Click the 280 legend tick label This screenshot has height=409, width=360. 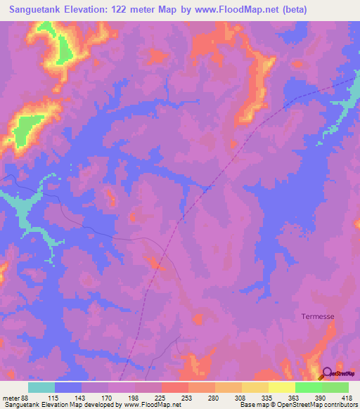click(214, 398)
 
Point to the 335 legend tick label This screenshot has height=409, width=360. click(267, 398)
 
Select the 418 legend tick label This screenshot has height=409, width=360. click(347, 398)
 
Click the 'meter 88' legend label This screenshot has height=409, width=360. click(15, 398)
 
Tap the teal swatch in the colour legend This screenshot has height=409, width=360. click(41, 387)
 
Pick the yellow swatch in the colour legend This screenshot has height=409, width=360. click(255, 387)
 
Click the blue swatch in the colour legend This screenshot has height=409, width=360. click(68, 387)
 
